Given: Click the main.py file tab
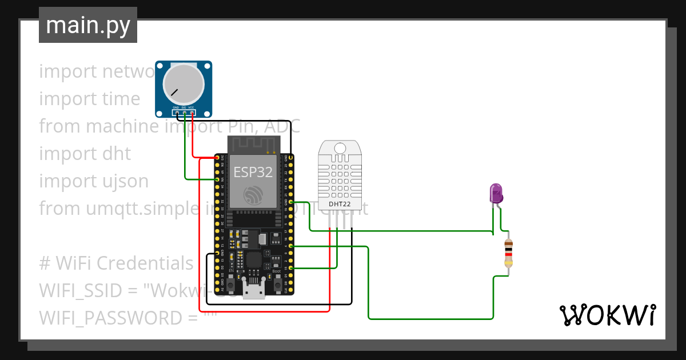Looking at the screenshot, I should point(87,25).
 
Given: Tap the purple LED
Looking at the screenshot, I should point(496,193).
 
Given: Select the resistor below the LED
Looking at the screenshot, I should point(508,254).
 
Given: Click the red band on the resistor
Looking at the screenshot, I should point(508,254).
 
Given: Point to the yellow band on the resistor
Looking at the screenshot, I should point(508,263).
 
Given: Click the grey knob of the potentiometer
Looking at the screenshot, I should point(183,84).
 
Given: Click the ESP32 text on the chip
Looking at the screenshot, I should point(252,172).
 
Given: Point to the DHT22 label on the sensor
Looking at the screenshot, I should point(340,203).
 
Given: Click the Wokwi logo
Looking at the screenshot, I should point(607,315).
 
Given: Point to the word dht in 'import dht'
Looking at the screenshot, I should point(117,154).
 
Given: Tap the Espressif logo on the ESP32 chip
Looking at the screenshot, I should point(252,194).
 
